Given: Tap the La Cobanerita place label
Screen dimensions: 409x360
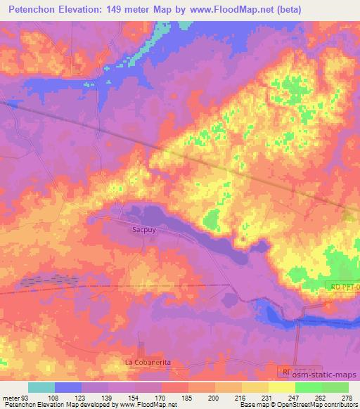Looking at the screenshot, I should (148, 361).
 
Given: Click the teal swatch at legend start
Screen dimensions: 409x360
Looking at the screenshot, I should (41, 387).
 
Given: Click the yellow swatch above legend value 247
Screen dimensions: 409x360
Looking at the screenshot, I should (282, 387).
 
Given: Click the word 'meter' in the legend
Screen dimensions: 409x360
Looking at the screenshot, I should (10, 398).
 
